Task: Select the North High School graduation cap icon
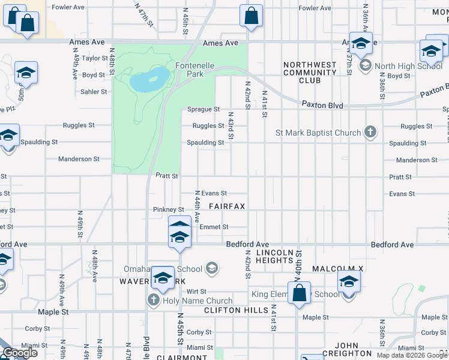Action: [364, 66]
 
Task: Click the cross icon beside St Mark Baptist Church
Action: [370, 133]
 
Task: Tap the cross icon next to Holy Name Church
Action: [154, 301]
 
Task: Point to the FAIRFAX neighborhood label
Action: [227, 206]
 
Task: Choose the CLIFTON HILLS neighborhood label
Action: [235, 310]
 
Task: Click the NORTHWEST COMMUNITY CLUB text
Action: [310, 72]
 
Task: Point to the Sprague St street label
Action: [203, 109]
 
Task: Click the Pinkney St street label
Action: [168, 209]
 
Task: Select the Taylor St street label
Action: [94, 58]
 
